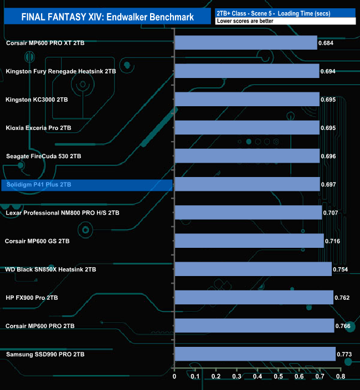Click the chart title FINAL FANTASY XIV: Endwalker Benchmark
point(107,17)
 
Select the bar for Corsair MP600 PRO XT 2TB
point(246,43)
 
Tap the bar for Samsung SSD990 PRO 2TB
point(255,354)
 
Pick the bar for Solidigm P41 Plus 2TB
point(247,184)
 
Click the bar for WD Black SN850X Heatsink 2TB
point(253,269)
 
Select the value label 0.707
point(331,212)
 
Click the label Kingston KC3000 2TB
point(37,100)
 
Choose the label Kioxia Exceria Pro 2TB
point(39,128)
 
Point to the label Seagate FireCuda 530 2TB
point(43,156)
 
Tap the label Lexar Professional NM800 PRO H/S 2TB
point(62,212)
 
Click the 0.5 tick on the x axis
point(278,377)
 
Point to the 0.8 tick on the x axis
point(341,377)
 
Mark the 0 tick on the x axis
point(174,377)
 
